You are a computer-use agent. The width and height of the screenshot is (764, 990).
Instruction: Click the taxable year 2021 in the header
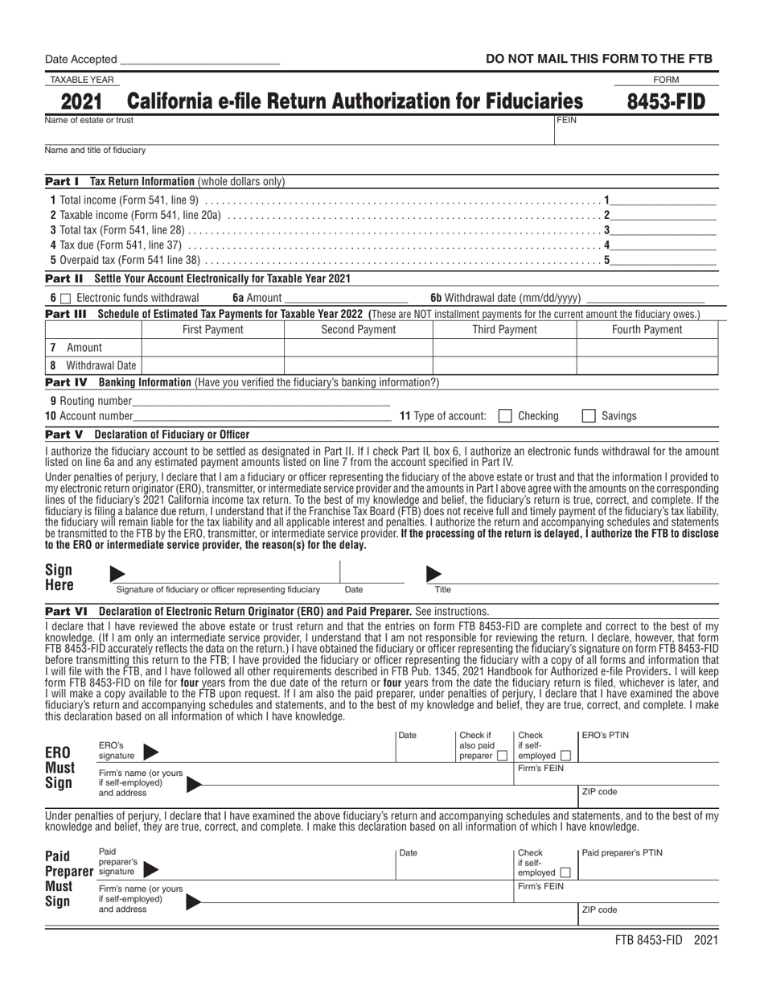tap(80, 101)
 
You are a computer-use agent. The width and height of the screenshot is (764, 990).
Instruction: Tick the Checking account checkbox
tap(505, 416)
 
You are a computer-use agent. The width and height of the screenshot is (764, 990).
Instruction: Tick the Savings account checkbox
tap(589, 416)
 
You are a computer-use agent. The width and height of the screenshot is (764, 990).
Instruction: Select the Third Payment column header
tap(504, 329)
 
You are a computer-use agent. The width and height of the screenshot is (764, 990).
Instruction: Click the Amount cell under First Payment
tap(213, 348)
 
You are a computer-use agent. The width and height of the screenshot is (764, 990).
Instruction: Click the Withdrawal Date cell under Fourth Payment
tap(647, 365)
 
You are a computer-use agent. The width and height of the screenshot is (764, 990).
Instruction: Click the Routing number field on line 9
tap(261, 400)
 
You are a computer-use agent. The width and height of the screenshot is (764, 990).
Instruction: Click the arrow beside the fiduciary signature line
tap(117, 574)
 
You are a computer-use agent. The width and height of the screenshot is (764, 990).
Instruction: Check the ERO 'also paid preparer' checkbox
tap(502, 756)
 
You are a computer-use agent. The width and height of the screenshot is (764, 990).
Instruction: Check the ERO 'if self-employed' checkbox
tap(565, 756)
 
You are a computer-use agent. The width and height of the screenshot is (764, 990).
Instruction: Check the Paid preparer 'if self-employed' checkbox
tap(565, 872)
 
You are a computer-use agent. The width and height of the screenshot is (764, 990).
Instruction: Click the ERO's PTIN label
tap(605, 735)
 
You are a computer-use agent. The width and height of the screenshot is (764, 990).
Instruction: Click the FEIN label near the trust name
tap(567, 120)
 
